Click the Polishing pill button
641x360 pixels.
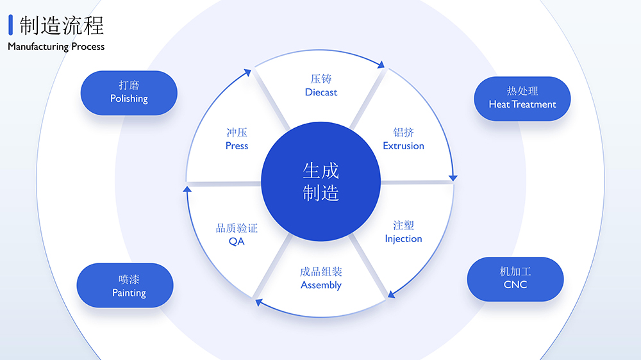[129, 92]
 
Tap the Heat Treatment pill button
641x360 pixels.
[522, 98]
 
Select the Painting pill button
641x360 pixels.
[125, 286]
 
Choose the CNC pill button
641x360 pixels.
[515, 278]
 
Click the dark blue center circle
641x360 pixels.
[321, 182]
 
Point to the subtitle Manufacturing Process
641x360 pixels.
[56, 47]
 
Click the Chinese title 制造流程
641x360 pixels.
[62, 26]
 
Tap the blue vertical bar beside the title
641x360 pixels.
[11, 25]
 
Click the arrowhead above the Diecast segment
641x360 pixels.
[382, 65]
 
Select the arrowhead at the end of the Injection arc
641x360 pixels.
[390, 295]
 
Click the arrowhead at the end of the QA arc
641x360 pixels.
[187, 190]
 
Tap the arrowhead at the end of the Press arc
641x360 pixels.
[249, 72]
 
